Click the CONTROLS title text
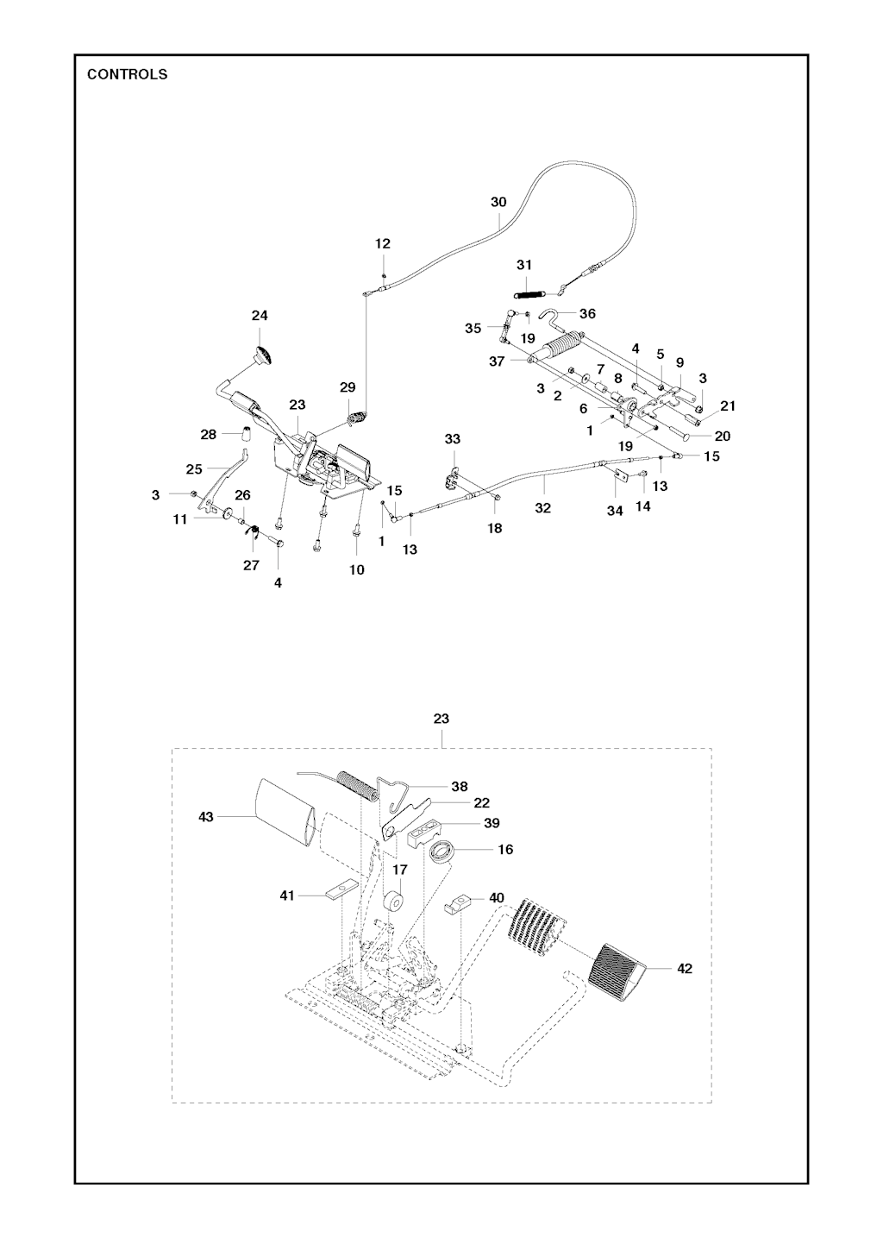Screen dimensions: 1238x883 pyautogui.click(x=127, y=74)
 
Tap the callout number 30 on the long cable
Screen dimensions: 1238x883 pyautogui.click(x=498, y=202)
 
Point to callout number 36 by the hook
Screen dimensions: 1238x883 pyautogui.click(x=587, y=314)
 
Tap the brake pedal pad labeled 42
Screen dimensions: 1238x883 pyautogui.click(x=617, y=973)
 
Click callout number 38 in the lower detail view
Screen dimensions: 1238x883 pyautogui.click(x=460, y=787)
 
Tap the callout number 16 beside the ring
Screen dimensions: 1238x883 pyautogui.click(x=505, y=850)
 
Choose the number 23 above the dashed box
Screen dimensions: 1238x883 pyautogui.click(x=441, y=719)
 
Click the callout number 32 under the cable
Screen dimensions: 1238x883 pyautogui.click(x=542, y=508)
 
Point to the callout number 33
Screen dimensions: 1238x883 pyautogui.click(x=453, y=440)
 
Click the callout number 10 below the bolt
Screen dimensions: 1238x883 pyautogui.click(x=357, y=569)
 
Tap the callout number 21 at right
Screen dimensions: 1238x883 pyautogui.click(x=728, y=405)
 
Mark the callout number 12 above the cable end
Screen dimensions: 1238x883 pyautogui.click(x=383, y=244)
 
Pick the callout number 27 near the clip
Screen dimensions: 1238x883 pyautogui.click(x=251, y=565)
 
